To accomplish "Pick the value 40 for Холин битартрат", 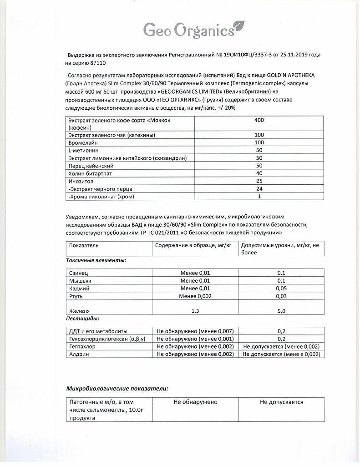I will pos(259,173).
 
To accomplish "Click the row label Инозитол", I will pos(81,181).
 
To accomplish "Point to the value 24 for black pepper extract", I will pos(259,189).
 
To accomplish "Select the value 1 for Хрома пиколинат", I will pos(259,197).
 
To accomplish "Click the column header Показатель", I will pos(84,245).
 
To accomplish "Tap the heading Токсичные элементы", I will pos(96,260).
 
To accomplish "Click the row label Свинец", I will pos(78,273).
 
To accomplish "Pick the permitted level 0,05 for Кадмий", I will pos(281,289).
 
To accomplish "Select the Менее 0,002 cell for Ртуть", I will pos(195,296).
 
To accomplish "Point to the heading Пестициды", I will pos(83,319).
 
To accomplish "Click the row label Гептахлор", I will pos(83,346).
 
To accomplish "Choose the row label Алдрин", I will pos(79,354).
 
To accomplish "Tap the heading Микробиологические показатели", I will pos(117,388).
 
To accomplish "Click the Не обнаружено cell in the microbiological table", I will pos(195,402).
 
